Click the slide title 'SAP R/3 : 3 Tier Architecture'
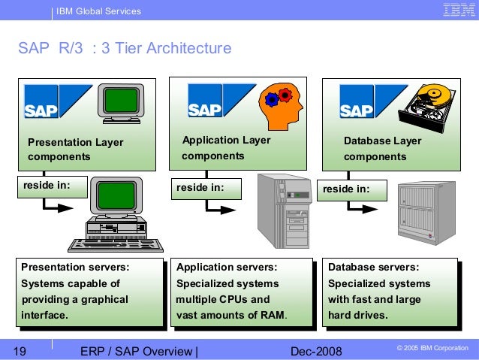coord(125,49)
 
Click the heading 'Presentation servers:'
coord(74,268)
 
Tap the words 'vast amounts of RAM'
coord(230,315)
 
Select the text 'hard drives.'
coord(358,315)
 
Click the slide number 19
coord(21,351)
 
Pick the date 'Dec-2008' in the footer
coord(315,351)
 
